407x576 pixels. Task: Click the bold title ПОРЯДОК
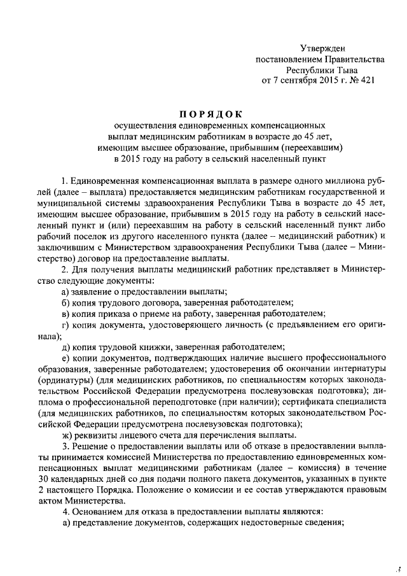click(210, 114)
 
